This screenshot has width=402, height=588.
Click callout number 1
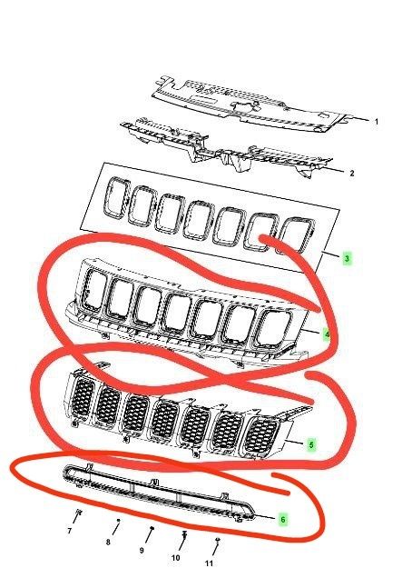(x=377, y=122)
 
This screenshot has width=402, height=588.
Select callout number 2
(x=351, y=174)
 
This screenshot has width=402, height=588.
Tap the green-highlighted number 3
(x=347, y=258)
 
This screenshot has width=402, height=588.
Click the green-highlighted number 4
(x=327, y=334)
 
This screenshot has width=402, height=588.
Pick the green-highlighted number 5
(x=311, y=445)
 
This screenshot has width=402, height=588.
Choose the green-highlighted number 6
(x=282, y=519)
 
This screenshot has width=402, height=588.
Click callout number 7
(x=69, y=531)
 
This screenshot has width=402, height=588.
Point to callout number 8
(x=108, y=543)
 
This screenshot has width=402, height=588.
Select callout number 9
(x=142, y=551)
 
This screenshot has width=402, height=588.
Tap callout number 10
(x=175, y=558)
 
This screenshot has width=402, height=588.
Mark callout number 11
(x=210, y=563)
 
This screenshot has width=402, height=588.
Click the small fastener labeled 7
(x=79, y=512)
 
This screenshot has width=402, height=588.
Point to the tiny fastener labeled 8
(x=119, y=520)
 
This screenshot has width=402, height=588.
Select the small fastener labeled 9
(x=152, y=528)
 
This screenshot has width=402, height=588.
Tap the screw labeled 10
(x=184, y=534)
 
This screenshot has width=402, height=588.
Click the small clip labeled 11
(x=218, y=539)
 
